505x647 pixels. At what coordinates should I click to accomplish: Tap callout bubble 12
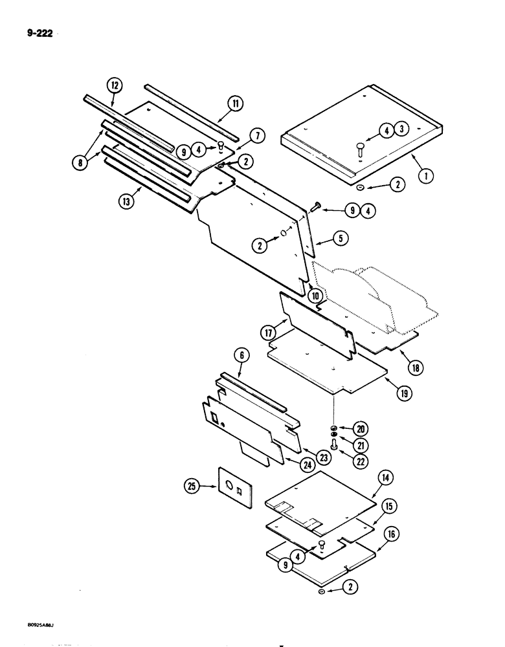coord(114,85)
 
